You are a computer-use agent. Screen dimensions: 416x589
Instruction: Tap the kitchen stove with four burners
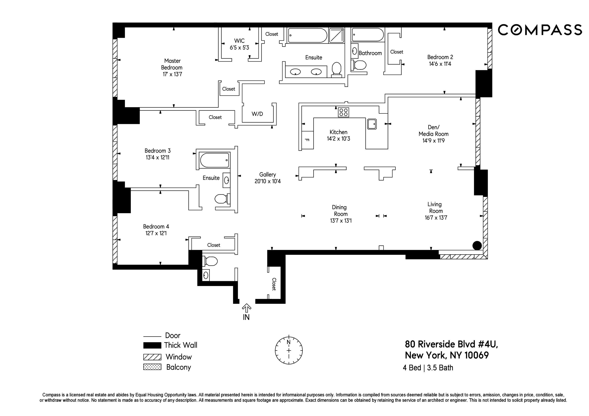click(x=343, y=112)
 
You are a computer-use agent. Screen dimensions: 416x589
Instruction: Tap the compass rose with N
click(x=289, y=350)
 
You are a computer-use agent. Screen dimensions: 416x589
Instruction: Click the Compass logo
click(x=540, y=30)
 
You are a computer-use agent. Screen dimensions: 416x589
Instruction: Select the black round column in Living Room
click(x=477, y=246)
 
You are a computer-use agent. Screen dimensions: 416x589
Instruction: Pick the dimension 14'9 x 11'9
click(x=433, y=141)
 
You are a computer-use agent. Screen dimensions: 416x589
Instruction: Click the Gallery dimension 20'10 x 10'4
click(x=268, y=181)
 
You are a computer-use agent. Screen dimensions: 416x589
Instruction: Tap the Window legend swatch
click(x=152, y=357)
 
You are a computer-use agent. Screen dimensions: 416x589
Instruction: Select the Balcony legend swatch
click(x=152, y=367)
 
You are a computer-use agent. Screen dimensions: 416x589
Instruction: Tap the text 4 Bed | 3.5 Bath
click(x=428, y=368)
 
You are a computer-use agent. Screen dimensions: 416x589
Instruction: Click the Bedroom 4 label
click(x=156, y=227)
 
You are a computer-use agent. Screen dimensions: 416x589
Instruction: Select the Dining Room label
click(x=340, y=210)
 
